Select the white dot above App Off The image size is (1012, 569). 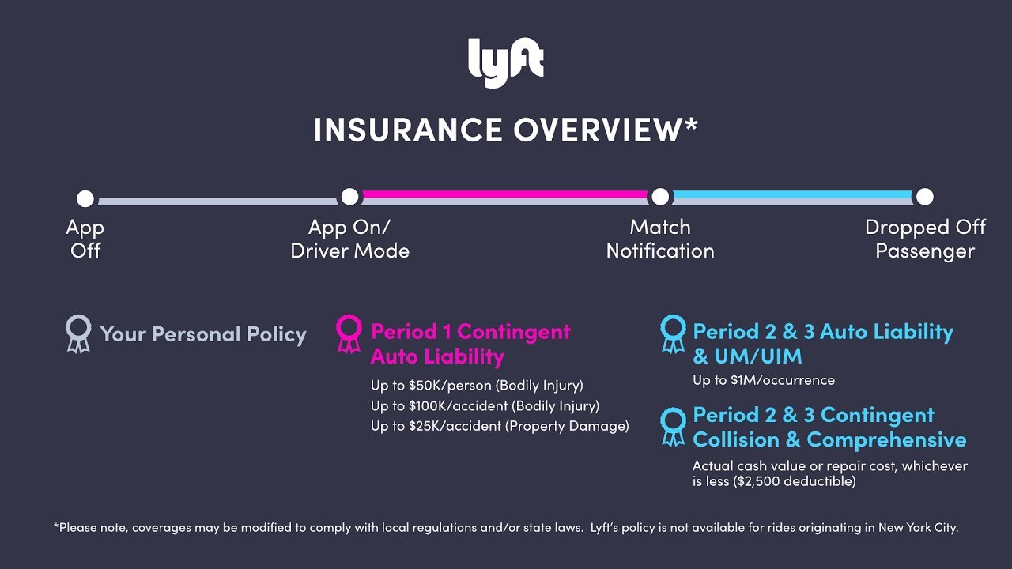[85, 198]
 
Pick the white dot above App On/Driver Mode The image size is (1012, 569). [349, 197]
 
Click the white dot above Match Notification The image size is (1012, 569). [660, 197]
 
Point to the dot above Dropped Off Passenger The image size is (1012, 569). [924, 197]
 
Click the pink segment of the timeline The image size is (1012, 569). [504, 194]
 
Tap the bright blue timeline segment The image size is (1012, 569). [792, 194]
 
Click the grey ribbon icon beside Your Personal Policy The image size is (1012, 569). [78, 333]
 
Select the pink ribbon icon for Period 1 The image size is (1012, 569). [349, 333]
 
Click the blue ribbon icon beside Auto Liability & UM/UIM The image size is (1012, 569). [673, 333]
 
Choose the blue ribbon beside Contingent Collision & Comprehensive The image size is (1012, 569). [673, 426]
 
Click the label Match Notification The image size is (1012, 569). [660, 239]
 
